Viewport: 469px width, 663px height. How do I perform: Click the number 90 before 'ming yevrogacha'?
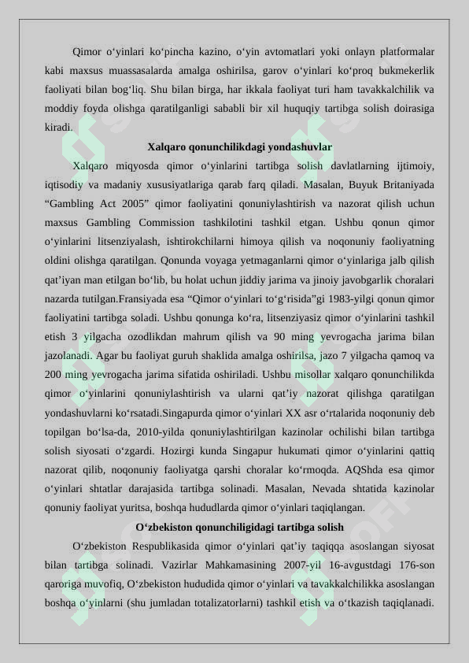[281, 336]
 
